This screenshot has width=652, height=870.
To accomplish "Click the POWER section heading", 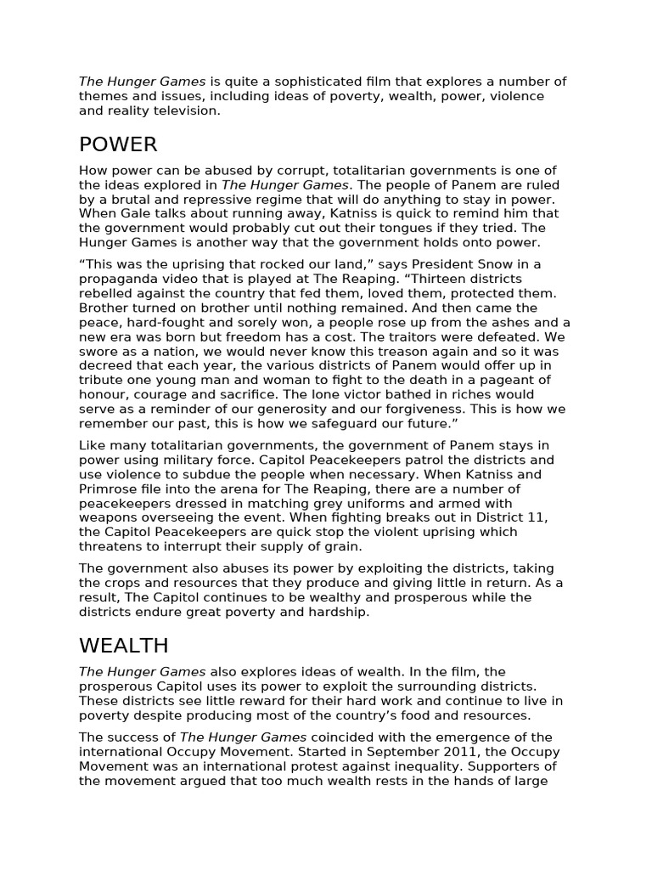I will click(118, 144).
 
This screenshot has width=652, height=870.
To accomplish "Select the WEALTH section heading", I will click(124, 646).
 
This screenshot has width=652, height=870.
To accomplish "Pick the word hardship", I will click(340, 612).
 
